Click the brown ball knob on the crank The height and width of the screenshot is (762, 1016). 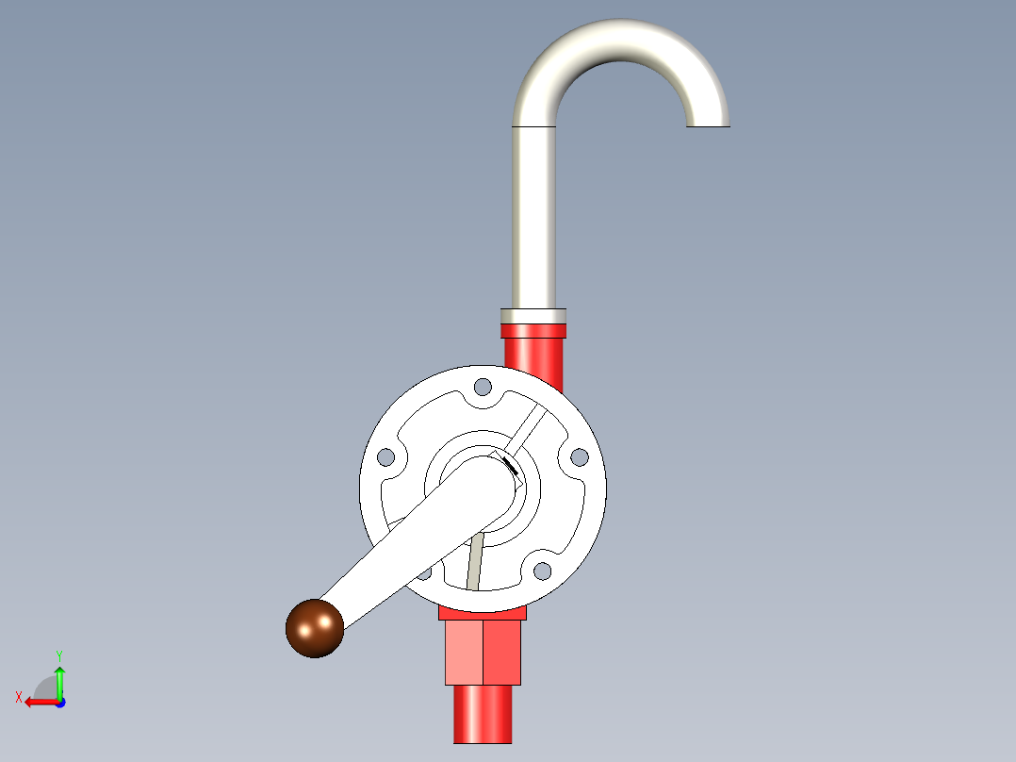coord(315,628)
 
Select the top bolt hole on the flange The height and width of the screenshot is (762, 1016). coord(483,388)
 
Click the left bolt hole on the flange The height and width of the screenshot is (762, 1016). coord(386,457)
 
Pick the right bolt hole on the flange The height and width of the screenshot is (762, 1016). coord(580,457)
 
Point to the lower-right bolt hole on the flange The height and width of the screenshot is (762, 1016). coord(542,571)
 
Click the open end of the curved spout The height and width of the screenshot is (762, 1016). coord(708,125)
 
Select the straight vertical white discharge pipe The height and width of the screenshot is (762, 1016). coord(533,217)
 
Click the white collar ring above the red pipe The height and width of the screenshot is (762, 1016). coord(533,317)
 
